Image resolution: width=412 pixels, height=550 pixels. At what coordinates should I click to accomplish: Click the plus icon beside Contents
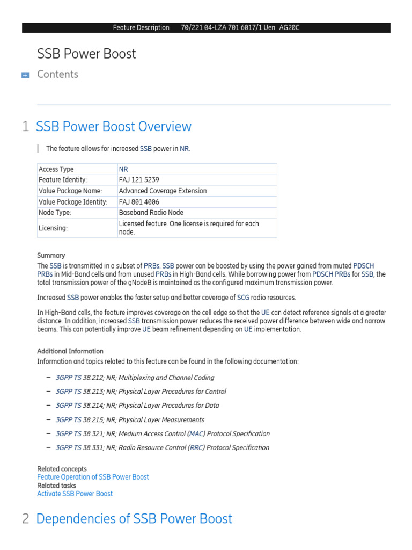(25, 76)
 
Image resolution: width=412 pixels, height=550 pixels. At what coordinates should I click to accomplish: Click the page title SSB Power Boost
(86, 54)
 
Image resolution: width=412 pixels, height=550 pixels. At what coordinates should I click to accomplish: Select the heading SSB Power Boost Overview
(113, 127)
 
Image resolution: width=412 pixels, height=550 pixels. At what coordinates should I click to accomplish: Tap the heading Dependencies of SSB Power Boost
(134, 519)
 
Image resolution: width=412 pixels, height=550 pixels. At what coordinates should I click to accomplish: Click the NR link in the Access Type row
(123, 169)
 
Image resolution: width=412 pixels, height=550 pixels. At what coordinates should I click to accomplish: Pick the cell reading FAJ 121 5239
(139, 180)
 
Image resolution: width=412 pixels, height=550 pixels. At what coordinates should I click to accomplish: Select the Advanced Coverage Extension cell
(163, 191)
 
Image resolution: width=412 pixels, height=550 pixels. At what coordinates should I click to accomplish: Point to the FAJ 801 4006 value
(139, 202)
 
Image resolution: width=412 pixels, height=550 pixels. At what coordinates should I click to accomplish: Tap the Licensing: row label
(53, 228)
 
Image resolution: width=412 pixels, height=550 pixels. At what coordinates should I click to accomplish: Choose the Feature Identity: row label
(63, 180)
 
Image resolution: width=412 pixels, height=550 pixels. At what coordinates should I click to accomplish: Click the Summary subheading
(51, 256)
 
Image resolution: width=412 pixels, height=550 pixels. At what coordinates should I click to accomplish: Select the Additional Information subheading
(70, 351)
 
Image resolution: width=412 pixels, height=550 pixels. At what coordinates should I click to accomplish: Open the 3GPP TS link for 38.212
(69, 378)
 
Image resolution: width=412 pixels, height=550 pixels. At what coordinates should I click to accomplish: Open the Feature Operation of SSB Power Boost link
(93, 477)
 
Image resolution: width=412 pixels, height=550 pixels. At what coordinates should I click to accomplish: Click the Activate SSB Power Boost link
(75, 494)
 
